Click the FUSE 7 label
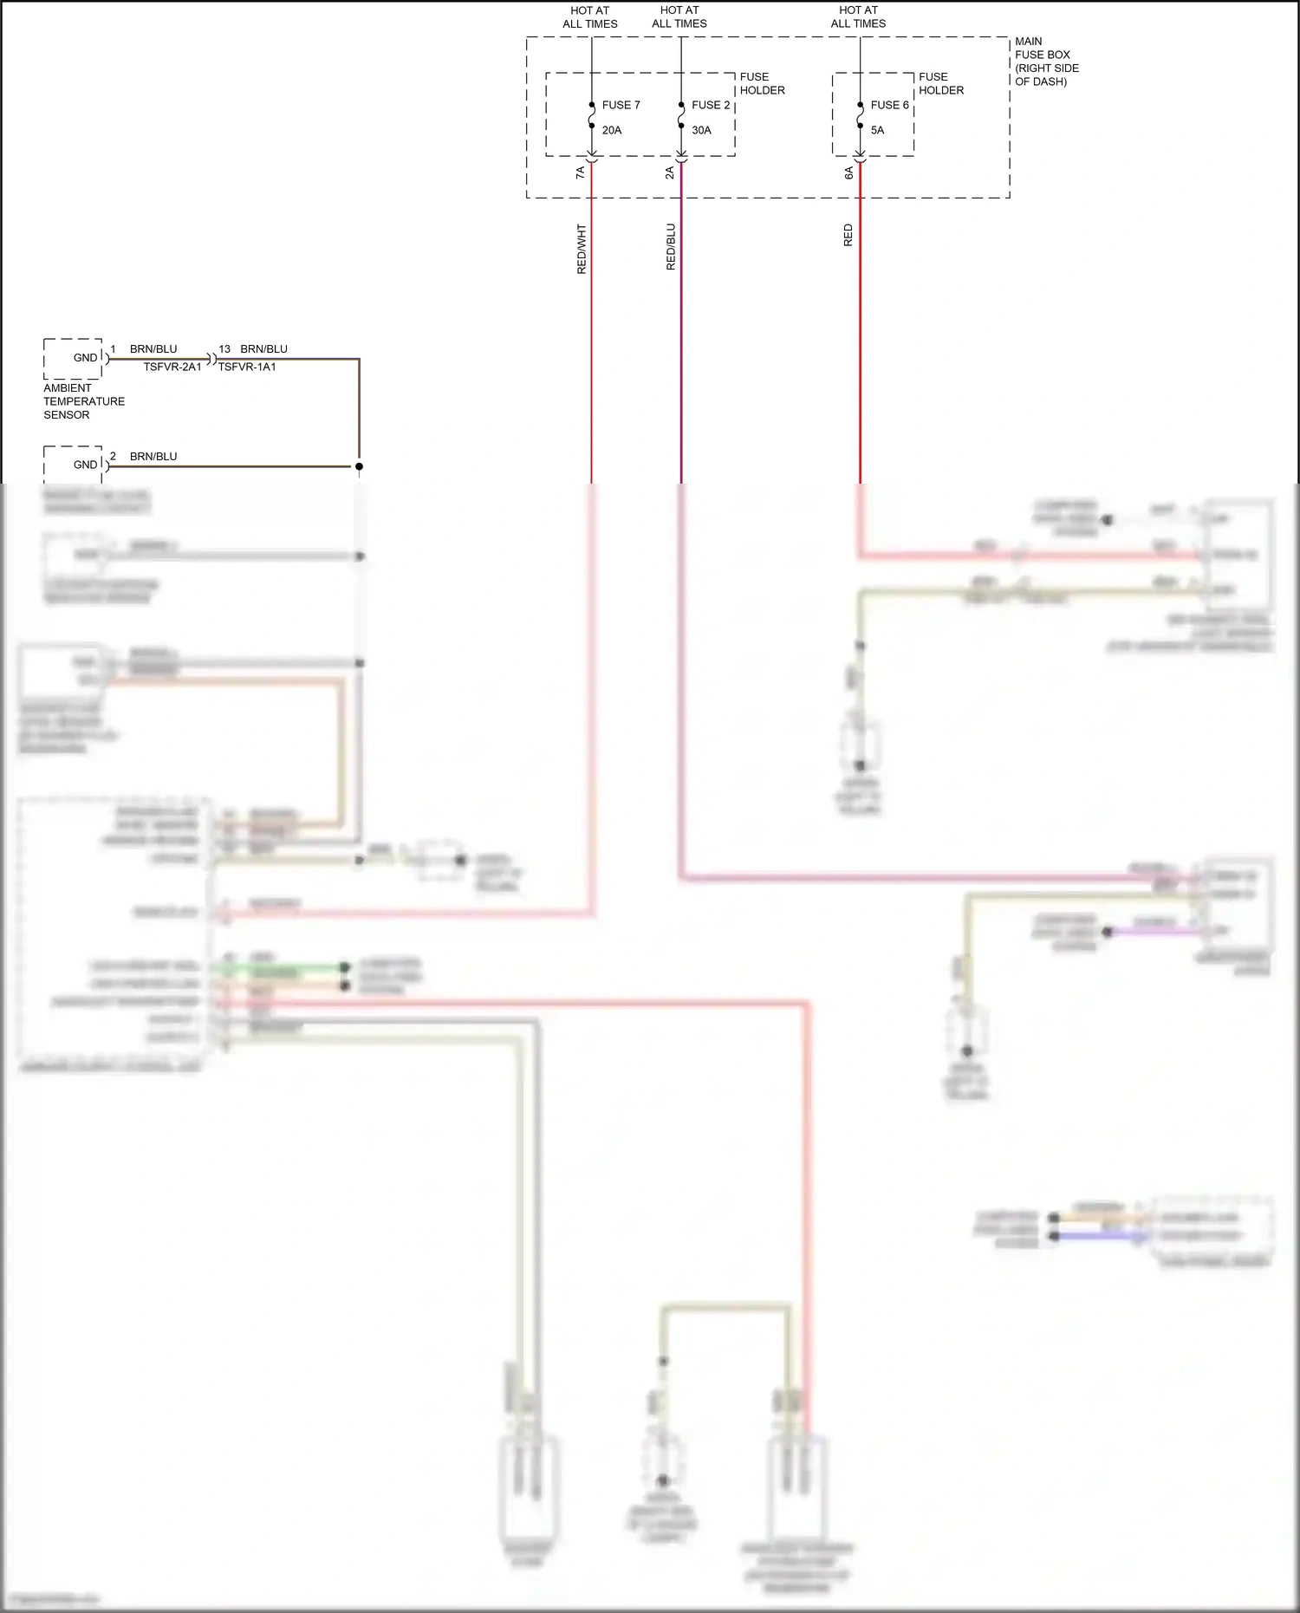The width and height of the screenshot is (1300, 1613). (x=621, y=105)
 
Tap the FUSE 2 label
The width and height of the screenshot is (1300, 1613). (x=710, y=105)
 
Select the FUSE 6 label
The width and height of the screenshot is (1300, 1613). (x=889, y=105)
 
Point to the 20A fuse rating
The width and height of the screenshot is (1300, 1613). (x=611, y=130)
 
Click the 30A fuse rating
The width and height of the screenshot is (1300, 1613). (x=701, y=130)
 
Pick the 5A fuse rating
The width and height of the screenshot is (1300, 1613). (x=877, y=130)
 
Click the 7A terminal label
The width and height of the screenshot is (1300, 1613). (x=580, y=172)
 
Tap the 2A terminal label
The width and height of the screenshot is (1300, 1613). (x=669, y=172)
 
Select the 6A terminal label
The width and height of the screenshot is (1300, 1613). (x=848, y=172)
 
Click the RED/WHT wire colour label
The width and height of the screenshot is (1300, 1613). (x=581, y=249)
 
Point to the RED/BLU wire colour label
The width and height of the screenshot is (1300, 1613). (x=670, y=247)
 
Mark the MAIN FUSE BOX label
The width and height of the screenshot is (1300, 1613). (x=1046, y=61)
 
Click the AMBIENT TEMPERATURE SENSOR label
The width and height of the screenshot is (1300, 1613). (x=83, y=401)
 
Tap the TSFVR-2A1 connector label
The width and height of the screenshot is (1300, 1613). (x=172, y=367)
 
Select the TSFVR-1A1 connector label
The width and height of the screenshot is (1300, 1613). (x=247, y=367)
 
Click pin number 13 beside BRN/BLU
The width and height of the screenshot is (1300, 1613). (x=224, y=349)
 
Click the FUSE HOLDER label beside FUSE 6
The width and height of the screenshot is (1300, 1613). (x=940, y=83)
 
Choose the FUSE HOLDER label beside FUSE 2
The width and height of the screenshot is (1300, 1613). (x=762, y=83)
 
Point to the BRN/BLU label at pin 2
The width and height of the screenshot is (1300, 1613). (x=153, y=456)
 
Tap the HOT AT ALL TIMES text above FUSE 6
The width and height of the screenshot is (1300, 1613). (x=858, y=17)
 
